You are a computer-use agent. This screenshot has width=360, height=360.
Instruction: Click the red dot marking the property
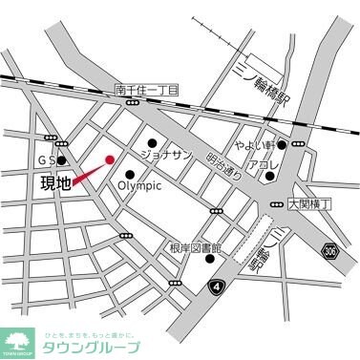[110, 159]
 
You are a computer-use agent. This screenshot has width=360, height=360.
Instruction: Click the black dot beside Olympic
[129, 174]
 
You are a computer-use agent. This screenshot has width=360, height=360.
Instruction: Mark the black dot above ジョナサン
[151, 142]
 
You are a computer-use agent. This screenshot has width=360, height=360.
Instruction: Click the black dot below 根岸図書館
[209, 258]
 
